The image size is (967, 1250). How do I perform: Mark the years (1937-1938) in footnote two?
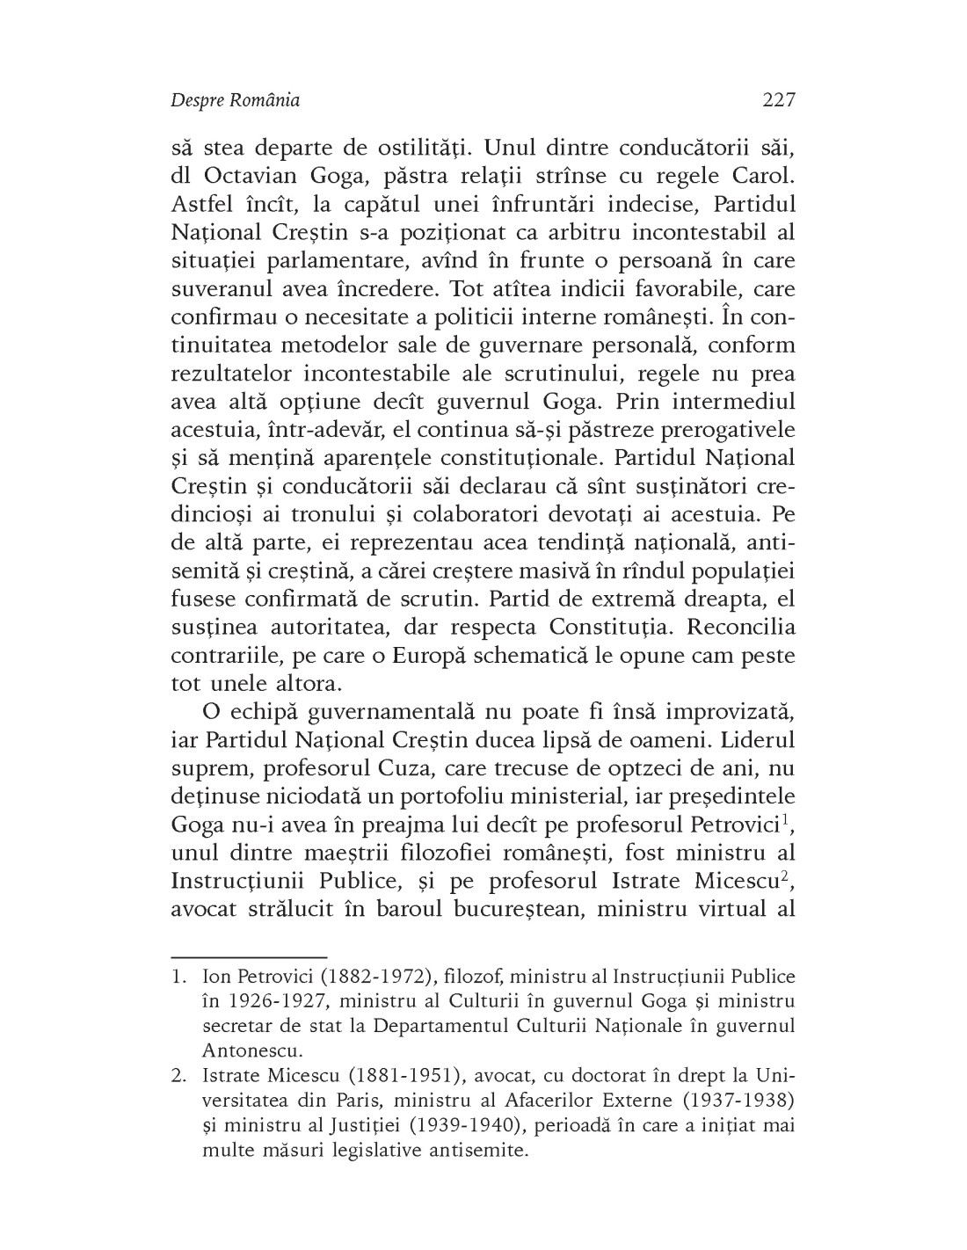point(743,1100)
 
